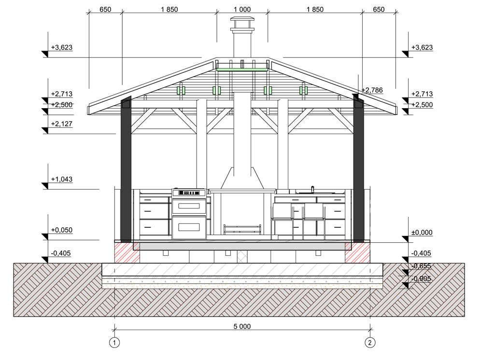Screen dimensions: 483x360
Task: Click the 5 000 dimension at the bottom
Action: pyautogui.click(x=242, y=327)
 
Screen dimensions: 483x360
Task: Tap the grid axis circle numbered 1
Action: pyautogui.click(x=114, y=343)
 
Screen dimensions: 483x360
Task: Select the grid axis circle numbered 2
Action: pyautogui.click(x=370, y=343)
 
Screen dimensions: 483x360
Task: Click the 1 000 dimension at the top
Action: pyautogui.click(x=242, y=10)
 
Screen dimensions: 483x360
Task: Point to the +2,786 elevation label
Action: pyautogui.click(x=372, y=90)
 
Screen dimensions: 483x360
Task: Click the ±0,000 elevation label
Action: pyautogui.click(x=422, y=232)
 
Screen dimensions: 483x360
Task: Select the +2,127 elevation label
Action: pyautogui.click(x=62, y=124)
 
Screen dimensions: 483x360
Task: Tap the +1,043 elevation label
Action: pyautogui.click(x=62, y=179)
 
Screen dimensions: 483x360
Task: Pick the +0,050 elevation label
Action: pyautogui.click(x=62, y=230)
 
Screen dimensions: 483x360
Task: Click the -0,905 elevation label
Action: pyautogui.click(x=421, y=279)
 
